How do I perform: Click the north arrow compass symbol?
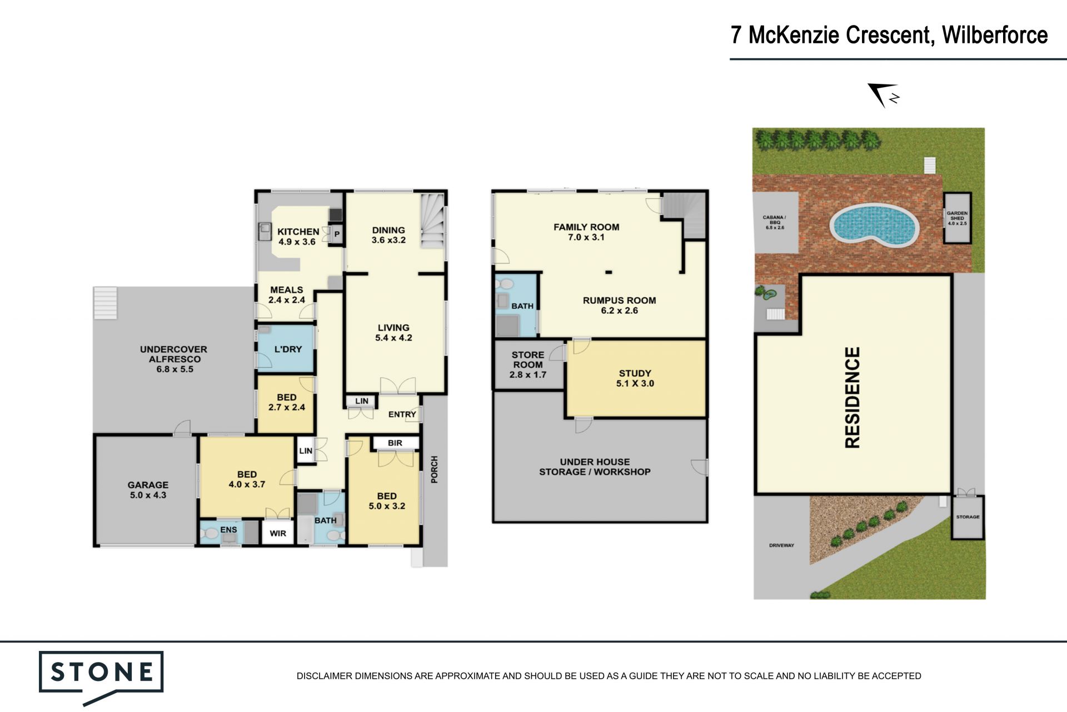click(883, 95)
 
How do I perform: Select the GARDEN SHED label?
click(957, 218)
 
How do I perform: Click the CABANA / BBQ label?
click(775, 222)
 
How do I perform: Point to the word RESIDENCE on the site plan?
click(852, 397)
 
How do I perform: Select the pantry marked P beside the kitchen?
click(337, 234)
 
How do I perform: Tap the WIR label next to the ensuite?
click(278, 533)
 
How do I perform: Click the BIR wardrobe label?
click(395, 443)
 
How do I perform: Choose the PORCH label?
click(435, 469)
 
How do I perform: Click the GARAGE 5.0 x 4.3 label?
click(148, 490)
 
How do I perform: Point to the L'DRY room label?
click(288, 349)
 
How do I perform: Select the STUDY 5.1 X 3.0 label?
click(635, 378)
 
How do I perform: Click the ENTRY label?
click(402, 414)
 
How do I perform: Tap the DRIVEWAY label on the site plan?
click(781, 545)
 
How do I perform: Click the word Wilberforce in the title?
click(995, 35)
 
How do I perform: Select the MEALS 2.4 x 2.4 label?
click(287, 295)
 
